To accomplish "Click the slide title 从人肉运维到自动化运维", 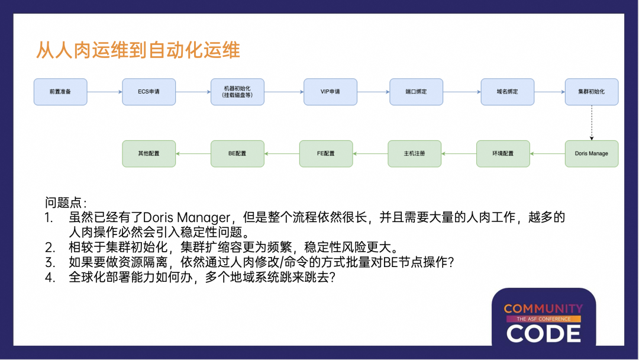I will tap(138, 50).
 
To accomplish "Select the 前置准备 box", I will tap(60, 92).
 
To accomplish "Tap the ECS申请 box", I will tap(149, 92).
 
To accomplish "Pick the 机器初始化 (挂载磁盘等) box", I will tap(237, 92).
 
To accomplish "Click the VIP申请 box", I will tap(330, 92).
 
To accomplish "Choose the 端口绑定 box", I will tap(416, 92).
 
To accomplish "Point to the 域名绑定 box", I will tap(508, 92).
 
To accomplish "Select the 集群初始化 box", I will tap(591, 92).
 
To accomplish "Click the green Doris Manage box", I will tap(591, 153).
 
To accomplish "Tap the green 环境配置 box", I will tap(503, 153).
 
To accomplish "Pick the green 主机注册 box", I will tap(414, 153).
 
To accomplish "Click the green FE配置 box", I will tap(325, 153).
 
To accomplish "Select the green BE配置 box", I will tap(237, 153).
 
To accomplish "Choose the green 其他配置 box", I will tap(149, 153).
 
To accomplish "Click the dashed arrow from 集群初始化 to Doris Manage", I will tap(591, 123).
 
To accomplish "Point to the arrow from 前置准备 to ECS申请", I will tap(104, 92).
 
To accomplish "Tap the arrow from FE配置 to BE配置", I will tap(282, 153).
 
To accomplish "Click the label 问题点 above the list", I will tap(65, 202).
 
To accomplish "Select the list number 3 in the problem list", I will tap(50, 262).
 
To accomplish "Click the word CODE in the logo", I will tap(543, 334).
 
